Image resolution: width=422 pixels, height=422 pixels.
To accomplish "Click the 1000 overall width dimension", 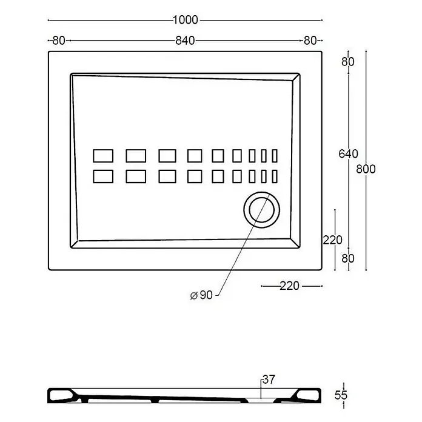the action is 185,20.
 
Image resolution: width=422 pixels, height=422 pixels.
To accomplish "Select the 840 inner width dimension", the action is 185,41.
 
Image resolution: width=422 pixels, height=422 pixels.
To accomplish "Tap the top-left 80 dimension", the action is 59,41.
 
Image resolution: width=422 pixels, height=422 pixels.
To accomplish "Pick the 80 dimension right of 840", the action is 310,41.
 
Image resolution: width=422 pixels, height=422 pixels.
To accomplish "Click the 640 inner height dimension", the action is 348,153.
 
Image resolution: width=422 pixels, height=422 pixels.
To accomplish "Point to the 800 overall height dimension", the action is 366,169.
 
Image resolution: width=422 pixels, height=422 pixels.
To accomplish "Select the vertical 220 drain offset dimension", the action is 333,239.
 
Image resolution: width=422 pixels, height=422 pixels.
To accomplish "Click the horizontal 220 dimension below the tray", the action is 290,286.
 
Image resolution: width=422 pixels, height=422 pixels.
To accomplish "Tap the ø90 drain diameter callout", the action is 201,295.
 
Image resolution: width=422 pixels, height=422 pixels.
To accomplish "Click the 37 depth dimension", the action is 269,380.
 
